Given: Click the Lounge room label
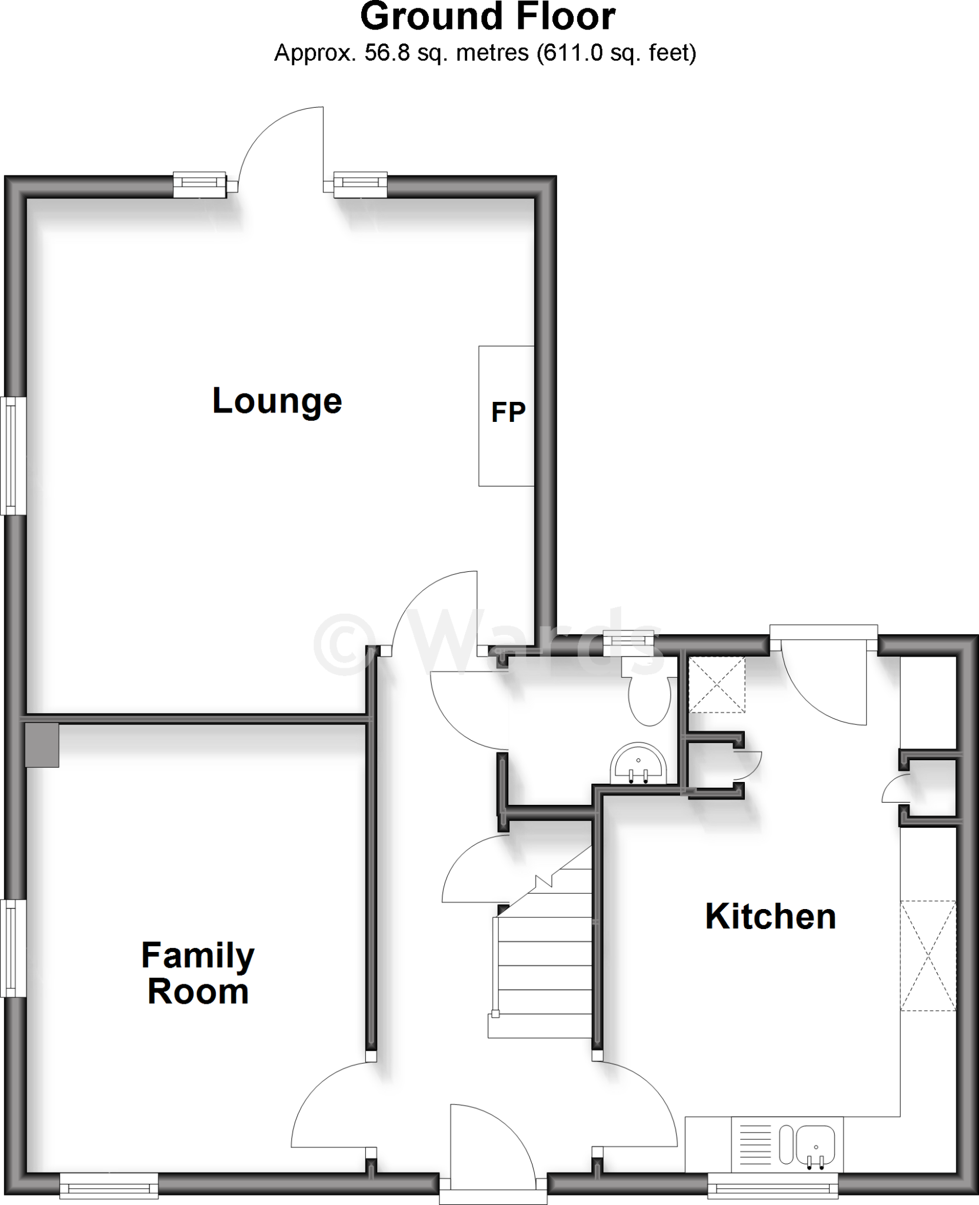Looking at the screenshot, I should coord(277,401).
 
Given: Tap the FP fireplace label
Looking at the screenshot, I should coord(508,412).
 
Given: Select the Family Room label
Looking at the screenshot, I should coord(198,973).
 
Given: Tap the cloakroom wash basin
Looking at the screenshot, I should coord(639,765).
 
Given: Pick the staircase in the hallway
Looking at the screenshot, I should coord(544,965).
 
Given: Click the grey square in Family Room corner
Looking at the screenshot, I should coord(42,745).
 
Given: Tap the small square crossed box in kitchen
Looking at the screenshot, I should coord(716,685).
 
